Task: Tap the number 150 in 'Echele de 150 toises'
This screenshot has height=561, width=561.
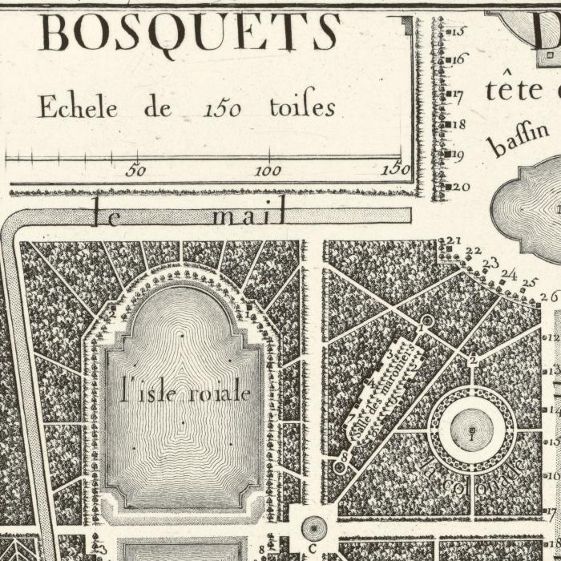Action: tap(222, 108)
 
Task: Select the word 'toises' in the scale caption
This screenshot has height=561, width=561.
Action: tap(301, 107)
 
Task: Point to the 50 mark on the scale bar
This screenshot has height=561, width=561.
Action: tap(136, 170)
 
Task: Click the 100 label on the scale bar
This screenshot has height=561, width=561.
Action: tap(268, 170)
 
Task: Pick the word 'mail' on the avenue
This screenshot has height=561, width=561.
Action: tap(249, 215)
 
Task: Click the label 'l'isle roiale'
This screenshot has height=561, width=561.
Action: tap(185, 393)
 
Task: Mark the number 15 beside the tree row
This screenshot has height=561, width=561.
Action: tap(460, 32)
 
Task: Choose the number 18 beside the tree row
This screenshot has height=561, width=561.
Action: tap(460, 124)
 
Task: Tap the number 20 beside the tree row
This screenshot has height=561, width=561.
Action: tap(461, 187)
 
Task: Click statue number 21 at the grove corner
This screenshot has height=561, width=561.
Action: tap(454, 240)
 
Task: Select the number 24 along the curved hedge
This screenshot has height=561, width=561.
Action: tap(509, 274)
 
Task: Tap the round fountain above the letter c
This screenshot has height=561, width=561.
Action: tap(313, 527)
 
